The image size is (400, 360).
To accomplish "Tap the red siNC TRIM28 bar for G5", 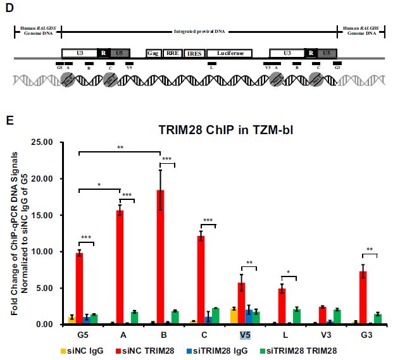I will pos(79,289).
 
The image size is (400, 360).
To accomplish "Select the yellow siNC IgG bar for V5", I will pos(234,316).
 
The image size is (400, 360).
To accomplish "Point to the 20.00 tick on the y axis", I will pos(50,178).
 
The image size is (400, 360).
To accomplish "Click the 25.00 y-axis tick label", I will pos(50,142).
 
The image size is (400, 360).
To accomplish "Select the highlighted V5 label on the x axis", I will pos(244,335).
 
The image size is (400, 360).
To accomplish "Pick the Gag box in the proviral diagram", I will pos(153,54).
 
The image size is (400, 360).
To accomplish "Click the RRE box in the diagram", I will pos(172,54).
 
